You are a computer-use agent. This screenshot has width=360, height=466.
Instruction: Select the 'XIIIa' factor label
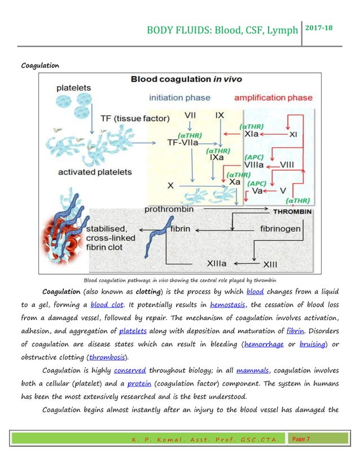click(x=200, y=263)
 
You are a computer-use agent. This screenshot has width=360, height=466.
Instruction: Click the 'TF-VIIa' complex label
click(x=188, y=143)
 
